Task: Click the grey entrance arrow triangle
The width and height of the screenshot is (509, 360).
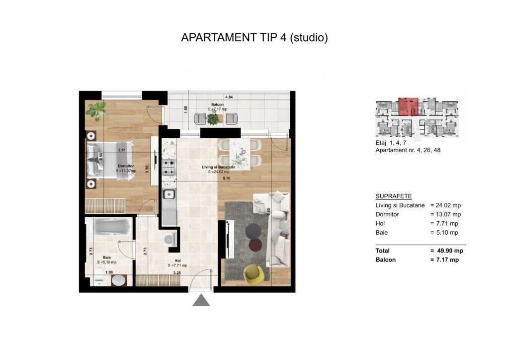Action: click(x=201, y=301)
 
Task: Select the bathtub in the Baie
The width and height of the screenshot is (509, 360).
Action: click(x=113, y=226)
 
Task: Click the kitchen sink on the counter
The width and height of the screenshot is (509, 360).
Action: click(x=169, y=194)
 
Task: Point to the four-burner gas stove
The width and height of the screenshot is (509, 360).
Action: click(x=169, y=167)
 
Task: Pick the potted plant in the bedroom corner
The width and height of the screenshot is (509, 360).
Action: click(x=96, y=111)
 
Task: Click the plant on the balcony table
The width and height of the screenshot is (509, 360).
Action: click(x=213, y=118)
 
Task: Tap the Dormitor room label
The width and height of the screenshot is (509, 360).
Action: click(x=126, y=166)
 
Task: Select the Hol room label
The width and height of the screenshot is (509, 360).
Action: click(x=177, y=261)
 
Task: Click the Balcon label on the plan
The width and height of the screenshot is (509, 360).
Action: click(x=218, y=104)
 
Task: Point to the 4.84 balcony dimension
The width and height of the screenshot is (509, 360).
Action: click(x=229, y=97)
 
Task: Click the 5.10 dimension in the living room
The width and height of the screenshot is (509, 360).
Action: click(x=227, y=178)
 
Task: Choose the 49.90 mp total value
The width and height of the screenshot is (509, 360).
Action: click(x=450, y=251)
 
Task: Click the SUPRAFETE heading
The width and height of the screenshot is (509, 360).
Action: click(x=394, y=196)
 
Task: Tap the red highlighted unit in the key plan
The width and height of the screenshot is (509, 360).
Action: click(x=409, y=106)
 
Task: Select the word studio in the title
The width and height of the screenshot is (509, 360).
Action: click(x=308, y=38)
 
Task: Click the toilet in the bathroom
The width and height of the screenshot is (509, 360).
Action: click(x=99, y=277)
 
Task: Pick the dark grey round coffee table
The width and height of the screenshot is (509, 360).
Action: click(x=253, y=231)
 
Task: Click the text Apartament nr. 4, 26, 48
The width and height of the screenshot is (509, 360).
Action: click(x=408, y=150)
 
